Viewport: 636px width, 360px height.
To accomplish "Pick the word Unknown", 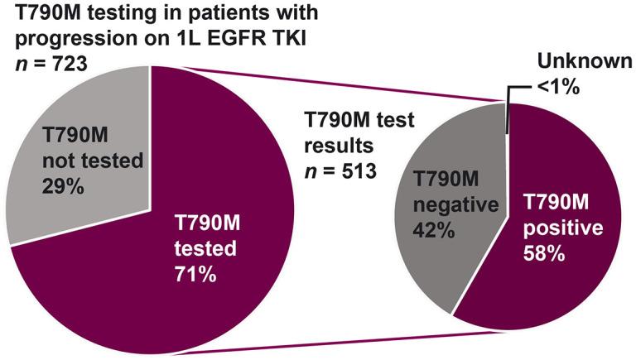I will tap(579, 60).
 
